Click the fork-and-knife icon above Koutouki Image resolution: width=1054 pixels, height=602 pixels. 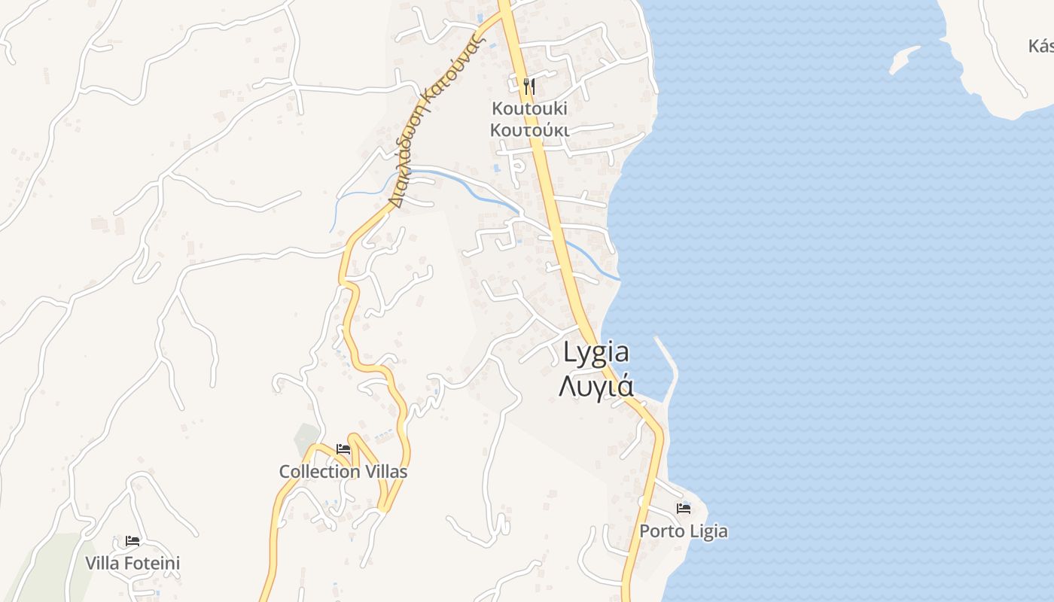pyautogui.click(x=529, y=86)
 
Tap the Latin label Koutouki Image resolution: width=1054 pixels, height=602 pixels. pyautogui.click(x=529, y=108)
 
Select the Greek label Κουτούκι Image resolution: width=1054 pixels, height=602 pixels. pyautogui.click(x=529, y=130)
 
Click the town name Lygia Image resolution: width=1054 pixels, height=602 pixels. pyautogui.click(x=596, y=354)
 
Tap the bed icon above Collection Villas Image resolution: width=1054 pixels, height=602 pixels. pyautogui.click(x=343, y=449)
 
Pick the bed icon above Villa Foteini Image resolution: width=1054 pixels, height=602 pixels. pyautogui.click(x=133, y=541)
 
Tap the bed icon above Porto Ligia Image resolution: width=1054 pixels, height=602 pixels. pyautogui.click(x=684, y=509)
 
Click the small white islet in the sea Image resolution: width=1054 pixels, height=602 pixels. pyautogui.click(x=904, y=60)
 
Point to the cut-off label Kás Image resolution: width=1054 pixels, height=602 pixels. pyautogui.click(x=1041, y=46)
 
